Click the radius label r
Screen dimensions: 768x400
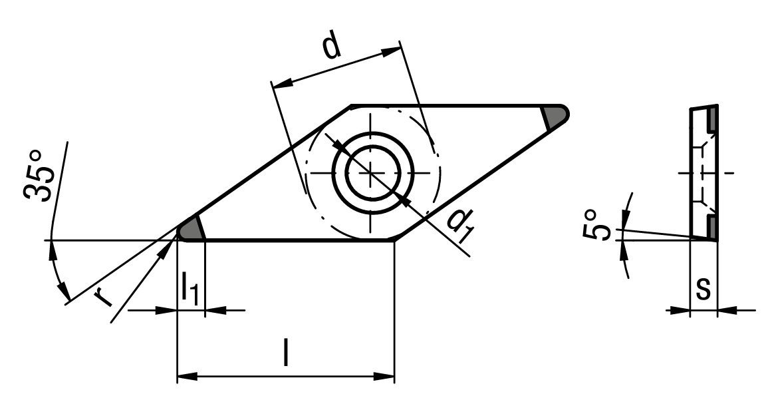[x=103, y=296]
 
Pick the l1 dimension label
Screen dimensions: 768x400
[x=190, y=290]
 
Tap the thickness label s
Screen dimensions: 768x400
[x=704, y=290]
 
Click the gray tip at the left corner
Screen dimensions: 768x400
[x=192, y=230]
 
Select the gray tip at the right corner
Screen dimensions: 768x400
[x=555, y=116]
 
